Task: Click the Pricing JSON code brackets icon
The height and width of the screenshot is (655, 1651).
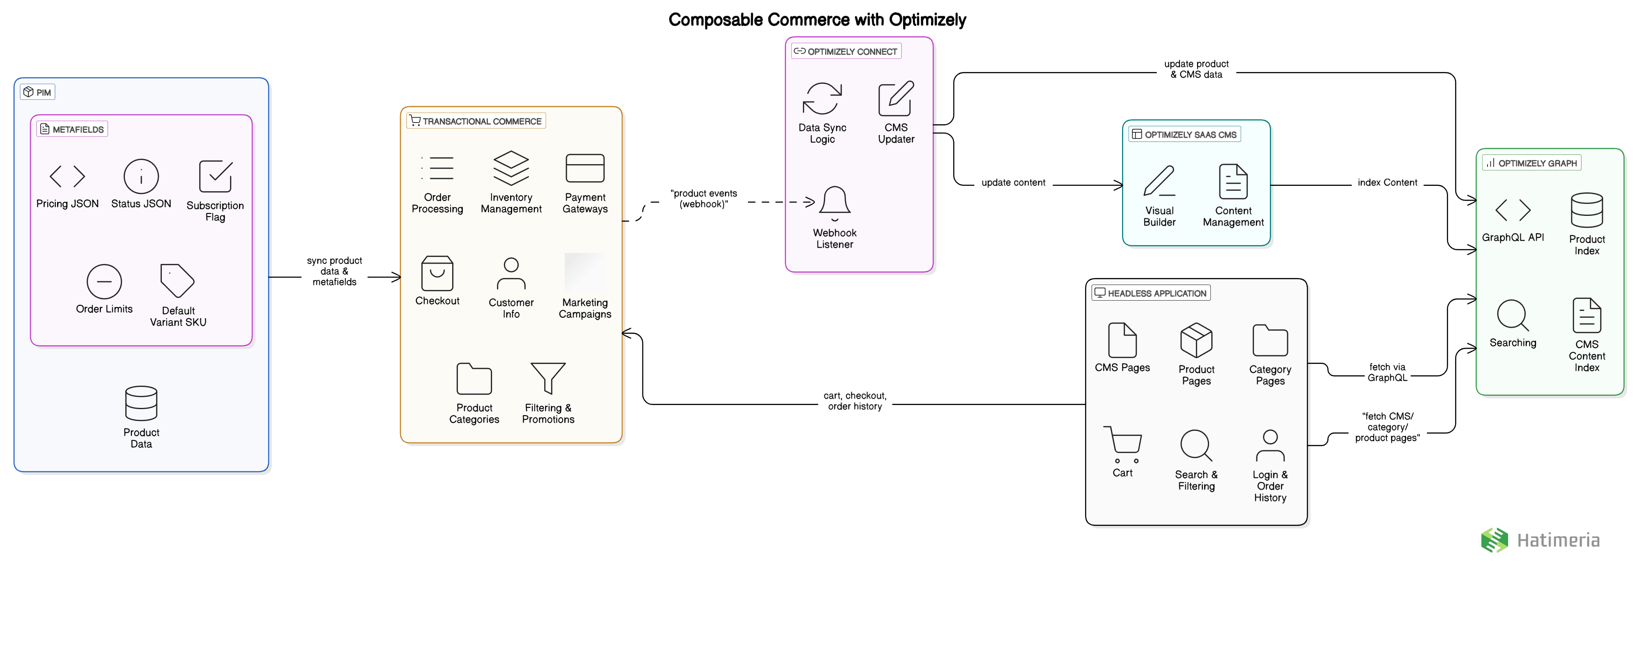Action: click(x=67, y=176)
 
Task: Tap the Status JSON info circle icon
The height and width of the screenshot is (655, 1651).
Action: click(x=141, y=176)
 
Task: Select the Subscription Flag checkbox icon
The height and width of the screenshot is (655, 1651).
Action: click(x=215, y=176)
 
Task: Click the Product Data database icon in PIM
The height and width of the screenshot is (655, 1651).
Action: click(x=141, y=403)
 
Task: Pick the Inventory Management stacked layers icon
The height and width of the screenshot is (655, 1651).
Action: click(x=511, y=168)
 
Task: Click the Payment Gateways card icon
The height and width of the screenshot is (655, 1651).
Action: click(x=584, y=168)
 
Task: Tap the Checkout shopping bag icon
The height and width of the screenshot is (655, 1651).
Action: click(x=437, y=273)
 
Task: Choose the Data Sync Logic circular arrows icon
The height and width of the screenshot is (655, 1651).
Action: click(x=822, y=99)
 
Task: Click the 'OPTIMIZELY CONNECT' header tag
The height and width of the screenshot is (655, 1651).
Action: click(x=846, y=51)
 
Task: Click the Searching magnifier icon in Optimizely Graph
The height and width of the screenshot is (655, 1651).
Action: click(x=1513, y=315)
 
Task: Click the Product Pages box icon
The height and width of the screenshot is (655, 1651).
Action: click(x=1196, y=340)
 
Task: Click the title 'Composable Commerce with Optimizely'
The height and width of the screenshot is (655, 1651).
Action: click(x=817, y=20)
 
